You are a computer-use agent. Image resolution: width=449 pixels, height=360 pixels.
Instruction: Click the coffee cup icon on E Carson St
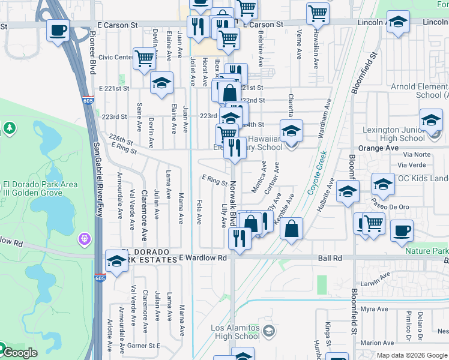(x=58, y=29)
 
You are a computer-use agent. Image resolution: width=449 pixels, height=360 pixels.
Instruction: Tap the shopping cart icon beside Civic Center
(x=145, y=59)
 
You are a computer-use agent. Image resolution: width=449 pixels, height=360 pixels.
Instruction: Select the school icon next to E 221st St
(x=161, y=83)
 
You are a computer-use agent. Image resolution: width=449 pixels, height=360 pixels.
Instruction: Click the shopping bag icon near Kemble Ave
(x=291, y=228)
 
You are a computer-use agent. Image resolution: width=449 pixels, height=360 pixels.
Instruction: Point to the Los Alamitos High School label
(x=235, y=332)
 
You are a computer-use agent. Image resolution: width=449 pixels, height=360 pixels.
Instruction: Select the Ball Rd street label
(x=330, y=258)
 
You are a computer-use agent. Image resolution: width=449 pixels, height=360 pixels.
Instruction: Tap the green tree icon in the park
(x=9, y=128)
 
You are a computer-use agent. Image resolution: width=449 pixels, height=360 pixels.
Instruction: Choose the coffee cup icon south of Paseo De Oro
(x=402, y=230)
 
